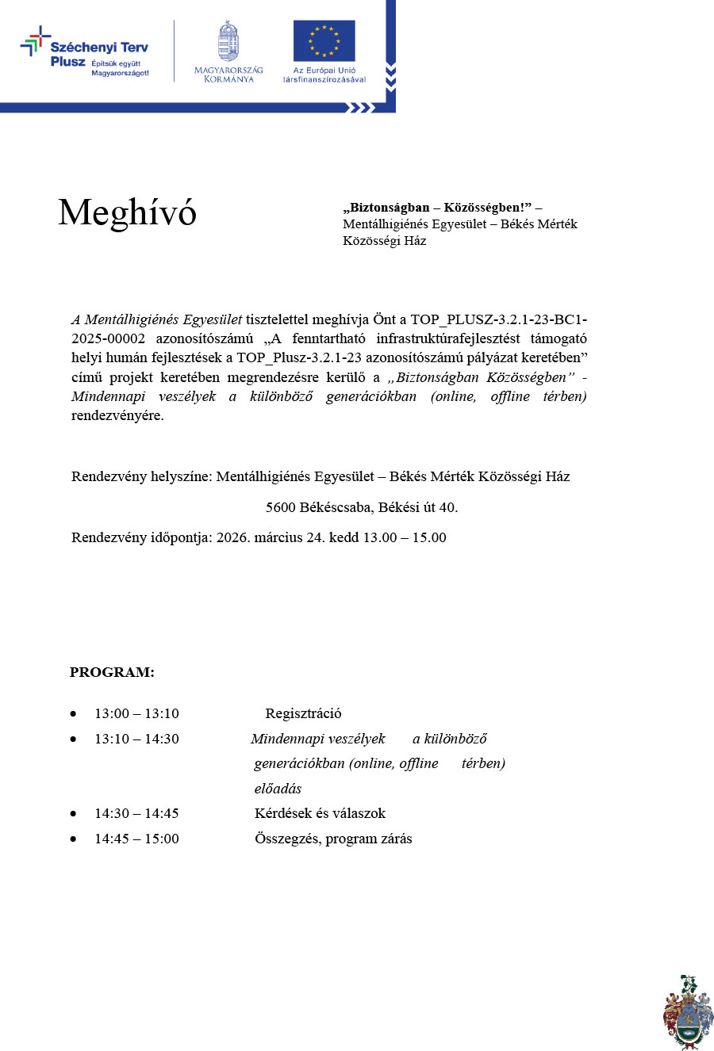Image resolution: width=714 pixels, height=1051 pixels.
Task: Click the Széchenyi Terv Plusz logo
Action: (84, 52)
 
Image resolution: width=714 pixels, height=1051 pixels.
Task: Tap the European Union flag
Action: (324, 41)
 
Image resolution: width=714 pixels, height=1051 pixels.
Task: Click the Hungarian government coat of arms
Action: (228, 42)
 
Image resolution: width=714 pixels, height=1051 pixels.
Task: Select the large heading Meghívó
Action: (127, 212)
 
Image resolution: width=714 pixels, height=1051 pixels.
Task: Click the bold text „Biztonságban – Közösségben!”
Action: (437, 208)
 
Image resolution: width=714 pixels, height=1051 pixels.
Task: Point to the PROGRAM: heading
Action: (112, 672)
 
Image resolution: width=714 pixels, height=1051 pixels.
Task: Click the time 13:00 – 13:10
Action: (136, 713)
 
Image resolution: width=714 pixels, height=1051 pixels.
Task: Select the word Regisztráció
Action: (303, 713)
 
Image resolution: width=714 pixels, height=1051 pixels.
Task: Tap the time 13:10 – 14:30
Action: (136, 739)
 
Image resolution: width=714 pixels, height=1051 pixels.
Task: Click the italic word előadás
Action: (278, 789)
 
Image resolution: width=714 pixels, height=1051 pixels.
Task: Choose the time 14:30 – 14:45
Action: (136, 813)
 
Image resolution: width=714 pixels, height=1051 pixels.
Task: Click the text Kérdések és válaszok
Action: (320, 813)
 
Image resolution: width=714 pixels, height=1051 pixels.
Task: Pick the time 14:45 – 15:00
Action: (136, 839)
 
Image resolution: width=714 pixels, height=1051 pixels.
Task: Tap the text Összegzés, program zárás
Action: (333, 839)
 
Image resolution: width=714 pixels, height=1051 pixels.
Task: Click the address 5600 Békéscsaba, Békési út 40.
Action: (362, 507)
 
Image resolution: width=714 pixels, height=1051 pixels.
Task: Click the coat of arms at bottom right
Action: (687, 1012)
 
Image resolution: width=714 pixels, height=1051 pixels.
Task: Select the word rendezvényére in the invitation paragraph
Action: (117, 415)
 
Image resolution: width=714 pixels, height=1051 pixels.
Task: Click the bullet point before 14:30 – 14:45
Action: (74, 814)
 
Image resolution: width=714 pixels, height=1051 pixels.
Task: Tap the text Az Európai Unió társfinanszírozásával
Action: (324, 75)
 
